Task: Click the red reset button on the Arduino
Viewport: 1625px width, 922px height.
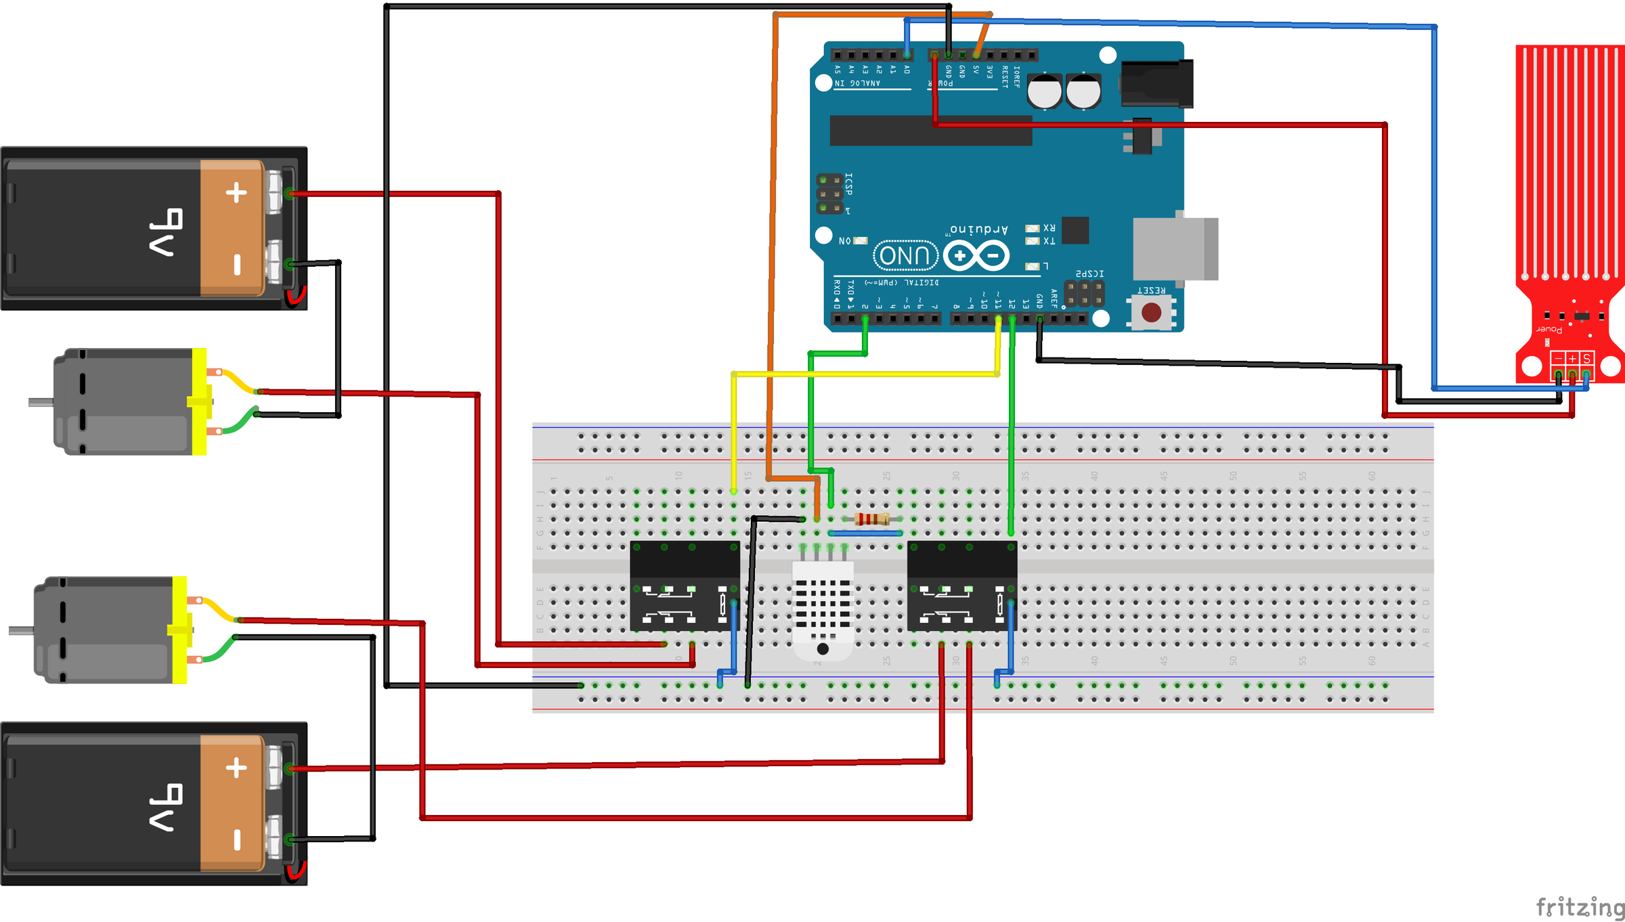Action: click(x=1151, y=312)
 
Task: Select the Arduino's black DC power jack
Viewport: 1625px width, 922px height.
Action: click(x=1156, y=83)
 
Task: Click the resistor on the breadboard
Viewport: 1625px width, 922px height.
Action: click(x=871, y=519)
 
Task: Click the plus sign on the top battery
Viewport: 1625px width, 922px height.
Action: click(x=236, y=193)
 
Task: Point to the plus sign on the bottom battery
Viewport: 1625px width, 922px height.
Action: click(x=236, y=768)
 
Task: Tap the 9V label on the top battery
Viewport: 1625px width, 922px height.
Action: click(x=167, y=232)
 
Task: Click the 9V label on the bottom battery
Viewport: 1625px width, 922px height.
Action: click(x=167, y=807)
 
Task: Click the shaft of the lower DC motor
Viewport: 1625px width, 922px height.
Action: click(x=21, y=631)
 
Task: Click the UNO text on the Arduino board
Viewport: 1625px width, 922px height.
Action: click(x=905, y=256)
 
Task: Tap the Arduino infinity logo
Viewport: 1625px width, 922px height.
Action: click(x=976, y=256)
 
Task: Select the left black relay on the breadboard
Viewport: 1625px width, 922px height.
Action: click(x=685, y=586)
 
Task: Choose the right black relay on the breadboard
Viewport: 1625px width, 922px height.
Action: click(x=961, y=586)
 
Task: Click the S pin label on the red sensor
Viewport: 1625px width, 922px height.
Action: click(x=1586, y=358)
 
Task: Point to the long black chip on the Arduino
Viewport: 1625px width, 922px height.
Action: click(x=931, y=130)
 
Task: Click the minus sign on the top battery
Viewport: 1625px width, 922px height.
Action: click(x=237, y=264)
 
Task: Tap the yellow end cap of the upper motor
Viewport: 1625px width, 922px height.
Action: click(x=200, y=401)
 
